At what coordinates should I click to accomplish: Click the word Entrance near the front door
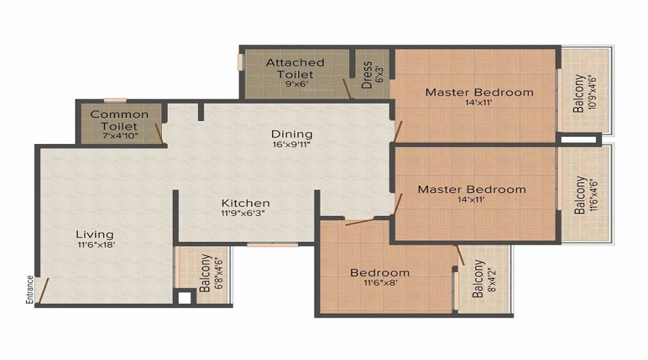pyautogui.click(x=30, y=289)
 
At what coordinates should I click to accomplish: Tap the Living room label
pyautogui.click(x=95, y=234)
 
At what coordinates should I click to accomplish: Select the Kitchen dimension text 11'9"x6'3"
pyautogui.click(x=245, y=214)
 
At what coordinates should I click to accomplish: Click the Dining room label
pyautogui.click(x=292, y=134)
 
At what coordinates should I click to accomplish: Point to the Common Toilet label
pyautogui.click(x=120, y=114)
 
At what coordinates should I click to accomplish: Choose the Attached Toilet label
pyautogui.click(x=295, y=63)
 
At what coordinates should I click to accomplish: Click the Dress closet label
pyautogui.click(x=367, y=73)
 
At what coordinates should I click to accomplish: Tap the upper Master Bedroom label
pyautogui.click(x=479, y=92)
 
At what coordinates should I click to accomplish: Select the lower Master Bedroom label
pyautogui.click(x=472, y=189)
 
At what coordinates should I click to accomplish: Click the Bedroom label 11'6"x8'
pyautogui.click(x=379, y=273)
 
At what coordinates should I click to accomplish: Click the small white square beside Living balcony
pyautogui.click(x=184, y=297)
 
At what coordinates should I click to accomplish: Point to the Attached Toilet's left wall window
pyautogui.click(x=241, y=62)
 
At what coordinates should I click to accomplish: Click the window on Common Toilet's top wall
pyautogui.click(x=114, y=100)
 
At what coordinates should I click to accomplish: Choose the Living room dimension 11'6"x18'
pyautogui.click(x=95, y=244)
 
